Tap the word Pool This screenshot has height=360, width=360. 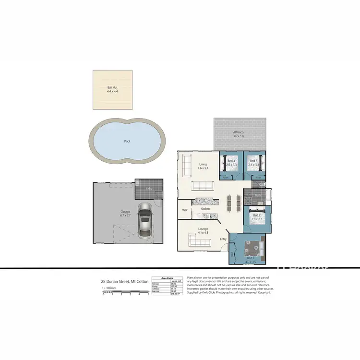[127, 141]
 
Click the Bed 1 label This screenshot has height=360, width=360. [250, 258]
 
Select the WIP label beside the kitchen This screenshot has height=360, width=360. [184, 210]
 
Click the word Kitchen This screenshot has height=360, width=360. [205, 209]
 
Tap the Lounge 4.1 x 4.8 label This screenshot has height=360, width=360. [203, 231]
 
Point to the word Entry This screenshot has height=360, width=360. [223, 239]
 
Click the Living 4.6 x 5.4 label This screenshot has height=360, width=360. [202, 167]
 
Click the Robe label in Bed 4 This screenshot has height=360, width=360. [226, 177]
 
